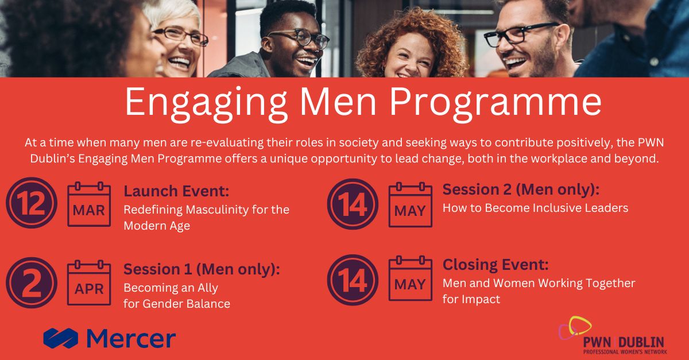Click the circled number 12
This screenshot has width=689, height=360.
point(32,203)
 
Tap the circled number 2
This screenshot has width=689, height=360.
point(32,282)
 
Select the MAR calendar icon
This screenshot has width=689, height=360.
point(89,204)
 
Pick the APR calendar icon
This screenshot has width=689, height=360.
point(89,282)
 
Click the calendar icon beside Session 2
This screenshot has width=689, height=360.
point(411,204)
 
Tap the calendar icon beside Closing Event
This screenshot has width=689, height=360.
point(411,278)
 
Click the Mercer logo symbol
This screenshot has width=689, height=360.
point(61,338)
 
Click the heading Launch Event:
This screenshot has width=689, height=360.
point(177,191)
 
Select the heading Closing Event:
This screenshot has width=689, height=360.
point(496,265)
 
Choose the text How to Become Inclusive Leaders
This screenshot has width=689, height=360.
point(535,208)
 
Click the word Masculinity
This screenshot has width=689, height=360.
point(217,210)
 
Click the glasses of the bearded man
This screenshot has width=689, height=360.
point(520,34)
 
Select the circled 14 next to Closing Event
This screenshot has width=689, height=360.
point(353,280)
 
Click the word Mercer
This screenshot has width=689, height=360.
point(131,338)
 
